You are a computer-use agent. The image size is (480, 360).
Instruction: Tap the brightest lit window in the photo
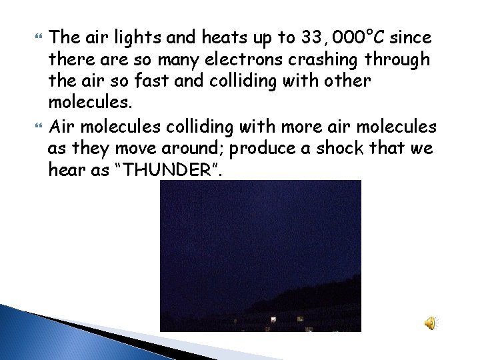(x=273, y=320)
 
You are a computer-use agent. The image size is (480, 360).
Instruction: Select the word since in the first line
(x=412, y=35)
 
